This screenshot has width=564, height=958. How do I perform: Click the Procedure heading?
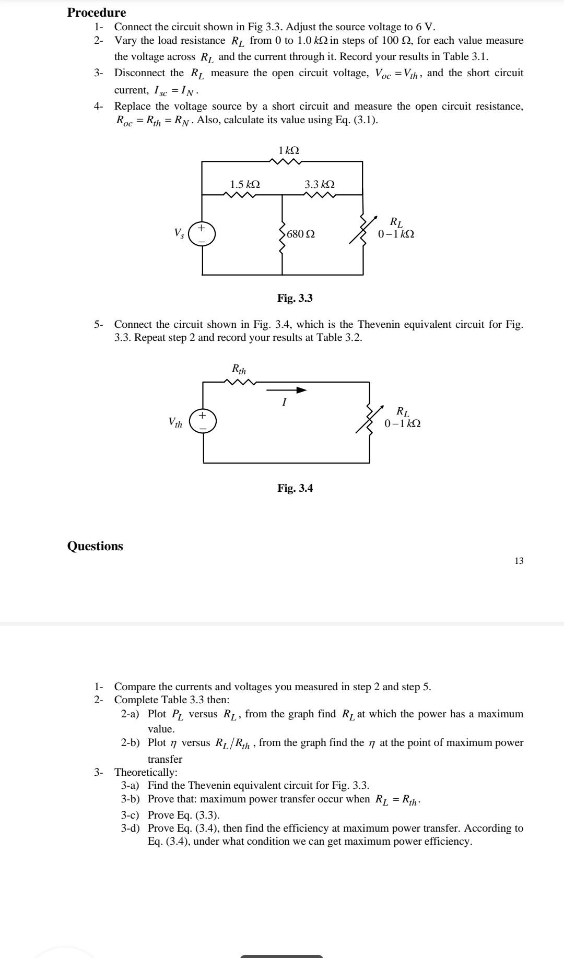pos(96,13)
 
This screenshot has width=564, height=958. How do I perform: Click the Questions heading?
pos(95,546)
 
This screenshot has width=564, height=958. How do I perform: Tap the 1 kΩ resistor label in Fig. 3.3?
pos(289,150)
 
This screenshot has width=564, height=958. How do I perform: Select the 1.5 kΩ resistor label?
pos(245,184)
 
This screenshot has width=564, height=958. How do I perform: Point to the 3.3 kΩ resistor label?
pos(320,184)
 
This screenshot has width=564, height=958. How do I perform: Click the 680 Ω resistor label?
pos(301,234)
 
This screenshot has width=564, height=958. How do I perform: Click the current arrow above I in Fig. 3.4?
pos(286,390)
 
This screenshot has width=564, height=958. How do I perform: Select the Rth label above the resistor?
pos(239,370)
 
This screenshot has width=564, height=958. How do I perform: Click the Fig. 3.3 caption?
pos(295,298)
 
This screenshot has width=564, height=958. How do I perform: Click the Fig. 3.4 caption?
pos(295,488)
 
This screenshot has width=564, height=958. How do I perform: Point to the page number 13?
pos(519,561)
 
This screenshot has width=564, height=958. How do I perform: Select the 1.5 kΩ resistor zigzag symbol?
pos(239,195)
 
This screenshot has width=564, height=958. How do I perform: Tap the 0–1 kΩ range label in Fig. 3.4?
pos(402,423)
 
